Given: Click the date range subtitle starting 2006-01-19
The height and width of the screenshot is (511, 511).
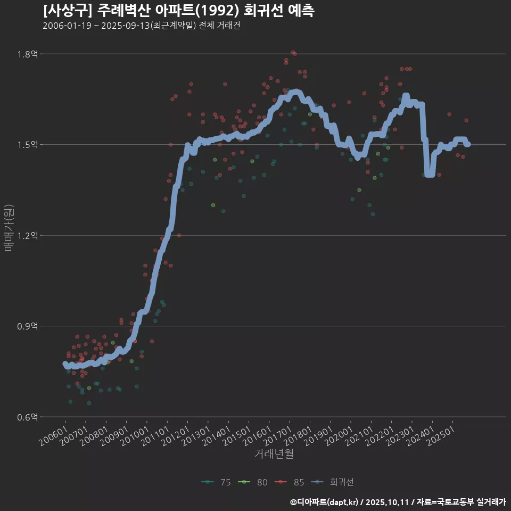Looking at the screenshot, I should [141, 26].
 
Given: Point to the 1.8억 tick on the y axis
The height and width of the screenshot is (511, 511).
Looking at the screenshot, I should [28, 54].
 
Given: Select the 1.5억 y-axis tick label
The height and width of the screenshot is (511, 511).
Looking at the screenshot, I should [28, 145].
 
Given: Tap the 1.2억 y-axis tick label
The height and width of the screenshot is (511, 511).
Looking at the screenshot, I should [28, 235].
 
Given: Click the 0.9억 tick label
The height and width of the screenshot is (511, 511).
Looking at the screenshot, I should [28, 326].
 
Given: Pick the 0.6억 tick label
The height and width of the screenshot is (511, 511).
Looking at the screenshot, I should [28, 417].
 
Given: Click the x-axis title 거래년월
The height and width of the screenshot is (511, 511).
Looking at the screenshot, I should [274, 454].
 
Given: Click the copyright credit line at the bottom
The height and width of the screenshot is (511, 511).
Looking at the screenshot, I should [398, 501].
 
